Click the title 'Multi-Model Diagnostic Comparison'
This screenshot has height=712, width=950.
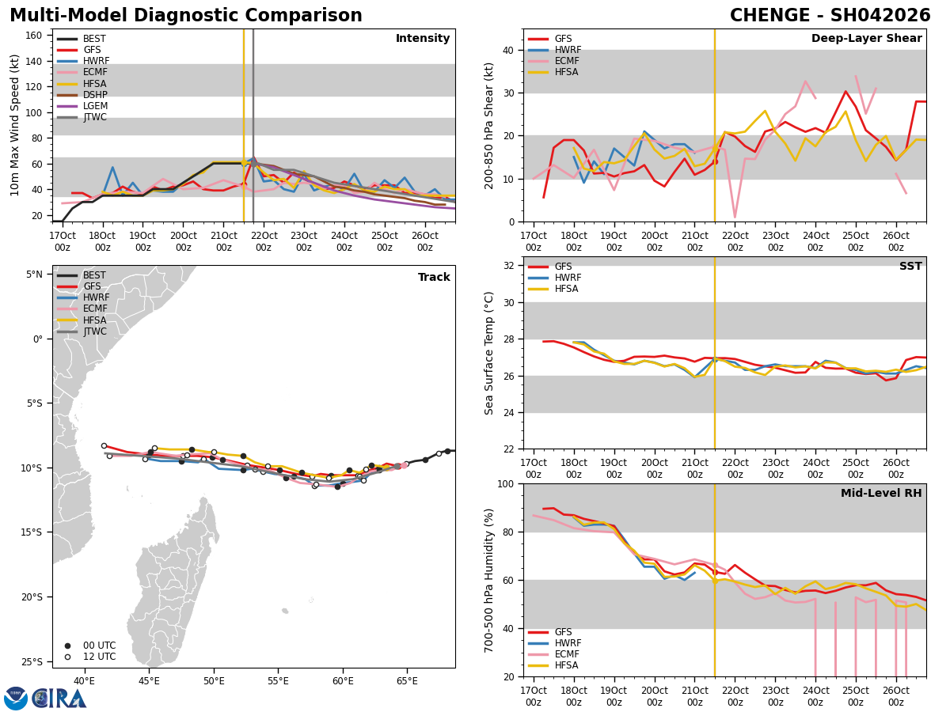click(186, 16)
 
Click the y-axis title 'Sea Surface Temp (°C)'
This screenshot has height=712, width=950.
click(489, 353)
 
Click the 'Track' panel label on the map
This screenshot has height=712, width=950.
click(434, 277)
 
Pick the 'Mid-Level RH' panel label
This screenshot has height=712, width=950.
click(881, 494)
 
